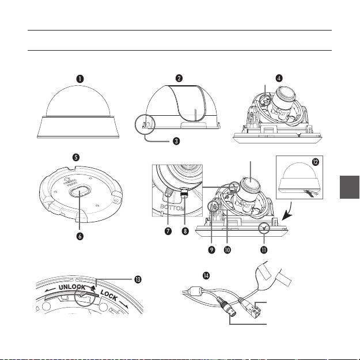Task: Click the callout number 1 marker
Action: coord(82,77)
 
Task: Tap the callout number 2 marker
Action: coord(180,77)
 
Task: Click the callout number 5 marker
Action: coord(77,156)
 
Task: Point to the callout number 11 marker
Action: coord(267,251)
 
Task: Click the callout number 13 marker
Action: coord(138,279)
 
